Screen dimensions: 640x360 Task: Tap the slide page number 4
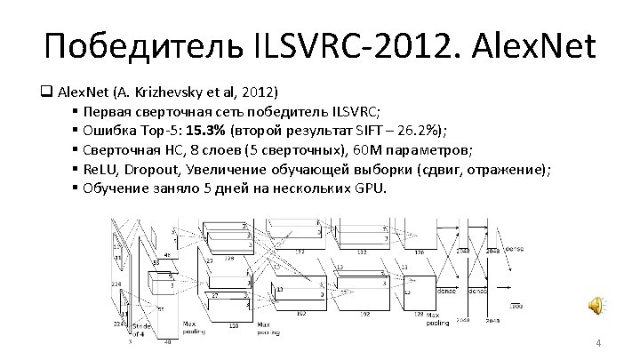pyautogui.click(x=598, y=343)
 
